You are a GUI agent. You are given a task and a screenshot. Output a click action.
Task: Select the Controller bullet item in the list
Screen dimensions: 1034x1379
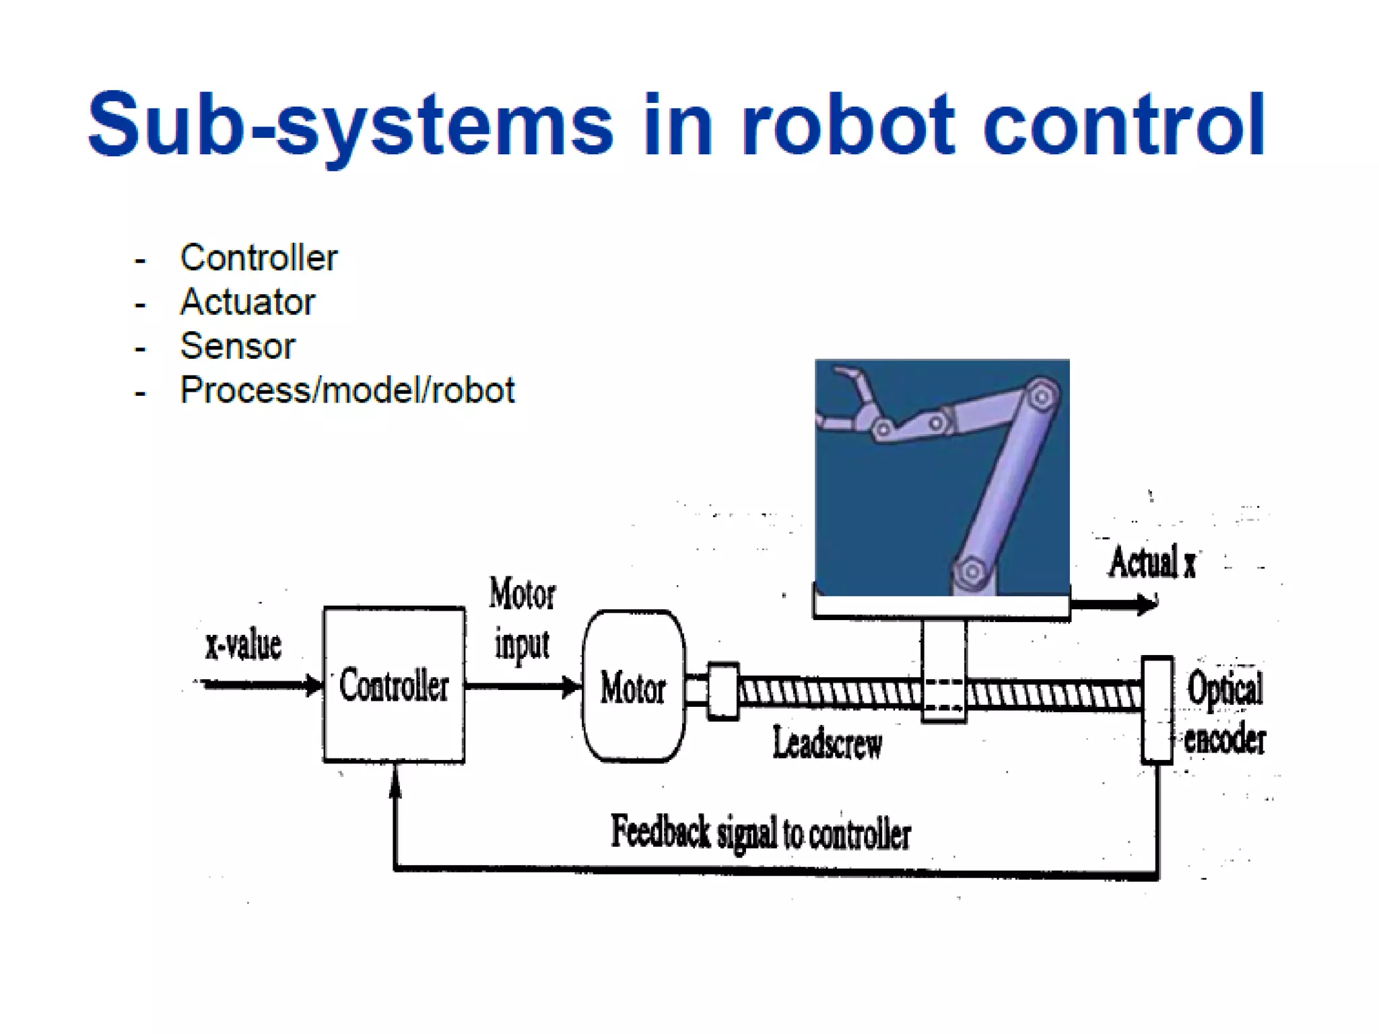click(259, 258)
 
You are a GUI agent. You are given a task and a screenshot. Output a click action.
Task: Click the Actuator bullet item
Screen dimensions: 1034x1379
click(247, 302)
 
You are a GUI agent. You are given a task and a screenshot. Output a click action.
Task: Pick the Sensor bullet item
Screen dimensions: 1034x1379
click(238, 347)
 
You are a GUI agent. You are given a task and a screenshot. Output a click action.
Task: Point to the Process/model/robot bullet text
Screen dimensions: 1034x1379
click(347, 390)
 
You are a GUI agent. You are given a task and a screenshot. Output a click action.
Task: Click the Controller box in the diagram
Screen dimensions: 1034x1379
click(394, 685)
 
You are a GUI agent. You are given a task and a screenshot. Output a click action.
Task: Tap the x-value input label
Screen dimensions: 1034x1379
click(243, 645)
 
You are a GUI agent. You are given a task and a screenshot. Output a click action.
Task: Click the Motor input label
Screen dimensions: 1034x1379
click(522, 618)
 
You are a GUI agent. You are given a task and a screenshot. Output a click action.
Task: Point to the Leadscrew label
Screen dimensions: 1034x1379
click(827, 743)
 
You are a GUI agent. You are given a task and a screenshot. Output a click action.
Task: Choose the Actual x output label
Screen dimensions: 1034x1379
click(1152, 563)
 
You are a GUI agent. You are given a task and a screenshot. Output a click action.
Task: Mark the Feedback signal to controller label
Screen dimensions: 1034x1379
click(761, 833)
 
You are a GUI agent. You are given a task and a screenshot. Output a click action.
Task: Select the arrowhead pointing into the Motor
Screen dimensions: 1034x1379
click(572, 687)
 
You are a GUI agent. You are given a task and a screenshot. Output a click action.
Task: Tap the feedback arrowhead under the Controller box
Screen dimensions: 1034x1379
click(395, 781)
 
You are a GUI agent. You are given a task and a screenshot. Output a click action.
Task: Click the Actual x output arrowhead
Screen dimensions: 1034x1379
click(1147, 604)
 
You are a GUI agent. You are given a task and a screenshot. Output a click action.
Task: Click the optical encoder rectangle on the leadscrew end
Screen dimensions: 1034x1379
click(1157, 710)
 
